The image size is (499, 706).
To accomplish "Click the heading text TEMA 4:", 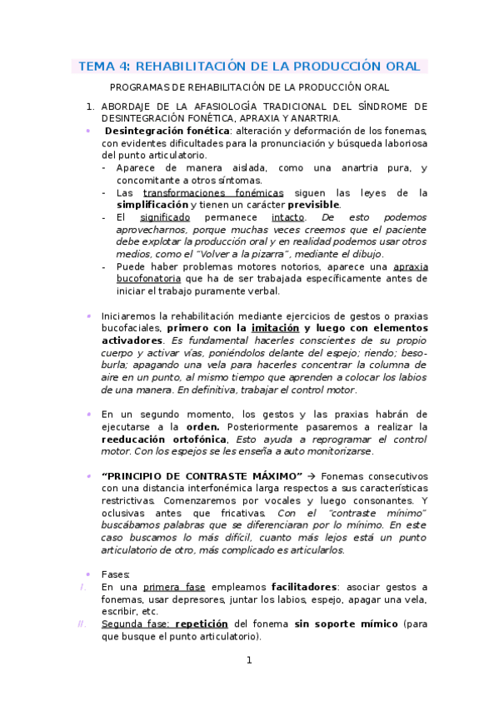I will (104, 66).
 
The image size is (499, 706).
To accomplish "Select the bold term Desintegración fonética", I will (167, 131).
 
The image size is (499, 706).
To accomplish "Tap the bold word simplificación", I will (152, 205).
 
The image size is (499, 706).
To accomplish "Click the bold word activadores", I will (132, 341).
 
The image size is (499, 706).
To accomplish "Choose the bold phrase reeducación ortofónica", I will (163, 439).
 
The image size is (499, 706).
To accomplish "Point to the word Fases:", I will (115, 574).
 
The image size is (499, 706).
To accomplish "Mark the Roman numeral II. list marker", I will (81, 624).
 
